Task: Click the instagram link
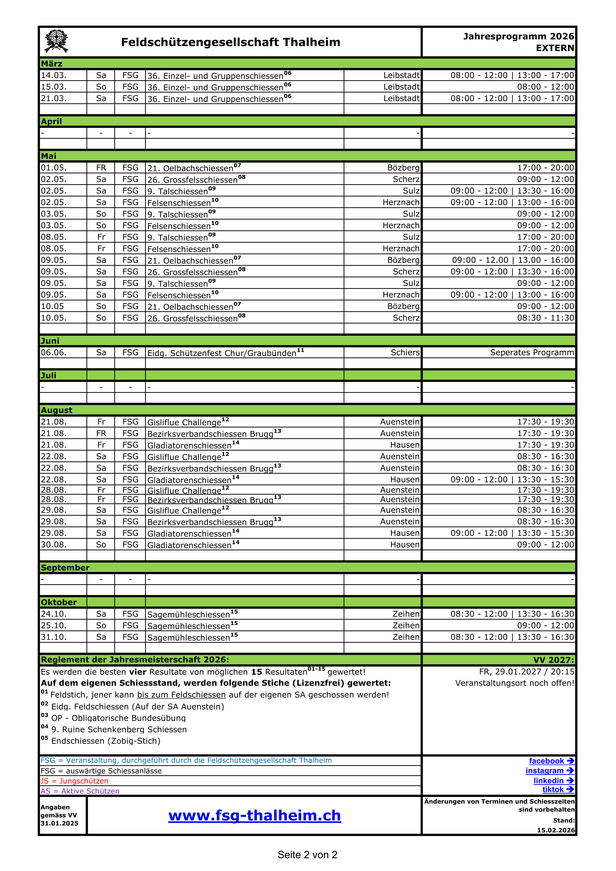coord(549,770)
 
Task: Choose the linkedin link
coord(553,780)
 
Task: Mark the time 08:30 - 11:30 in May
coord(546,318)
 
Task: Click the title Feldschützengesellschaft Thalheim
coord(231,42)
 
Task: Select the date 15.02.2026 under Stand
coord(556,830)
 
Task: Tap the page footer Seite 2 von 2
coord(307,855)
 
